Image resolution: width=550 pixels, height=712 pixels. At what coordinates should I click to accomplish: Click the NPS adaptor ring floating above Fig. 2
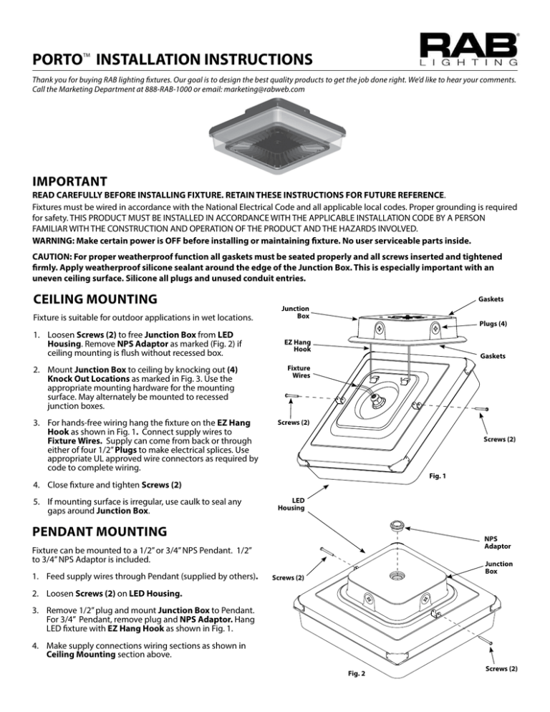coord(395,525)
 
